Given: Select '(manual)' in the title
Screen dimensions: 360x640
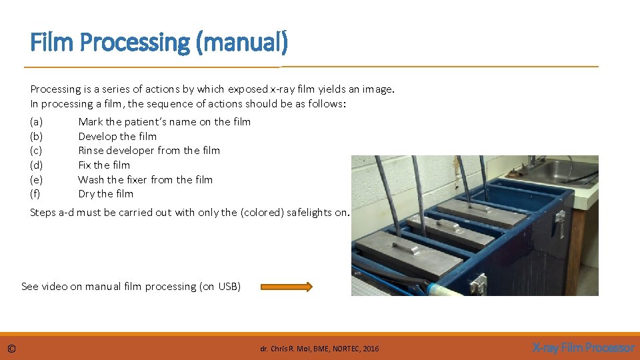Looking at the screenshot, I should point(242,43).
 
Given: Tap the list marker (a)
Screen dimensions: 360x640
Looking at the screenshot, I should point(37,121).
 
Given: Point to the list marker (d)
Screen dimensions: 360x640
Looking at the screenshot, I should point(37,165).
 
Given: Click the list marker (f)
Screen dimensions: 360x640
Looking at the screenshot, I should point(35,194).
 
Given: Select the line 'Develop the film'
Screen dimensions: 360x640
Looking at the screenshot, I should point(117,136).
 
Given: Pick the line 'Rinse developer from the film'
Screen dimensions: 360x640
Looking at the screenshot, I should point(149,151).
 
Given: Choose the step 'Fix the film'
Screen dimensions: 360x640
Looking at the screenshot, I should point(104,165).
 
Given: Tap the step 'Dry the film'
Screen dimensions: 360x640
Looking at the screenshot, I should point(105,194).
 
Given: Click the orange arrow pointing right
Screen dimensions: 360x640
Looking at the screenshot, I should point(286,287).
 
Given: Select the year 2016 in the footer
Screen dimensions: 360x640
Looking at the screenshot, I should point(371,349).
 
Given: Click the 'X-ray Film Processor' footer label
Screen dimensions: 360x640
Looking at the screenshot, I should point(583,348).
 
